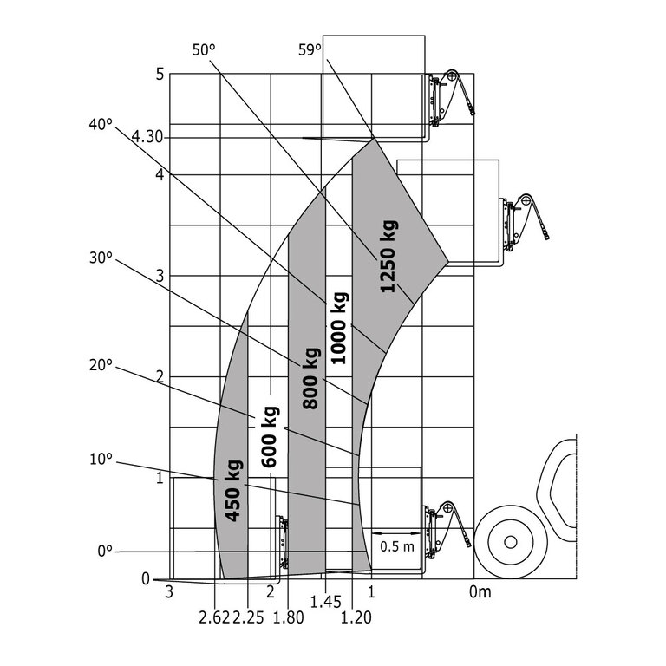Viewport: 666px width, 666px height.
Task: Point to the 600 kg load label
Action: [x=270, y=437]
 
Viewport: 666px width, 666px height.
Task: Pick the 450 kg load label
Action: [x=232, y=490]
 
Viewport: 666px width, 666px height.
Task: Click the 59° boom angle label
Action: [x=310, y=50]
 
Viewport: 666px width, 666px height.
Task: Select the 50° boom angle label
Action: [x=202, y=50]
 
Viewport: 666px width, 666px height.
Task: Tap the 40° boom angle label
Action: [x=101, y=124]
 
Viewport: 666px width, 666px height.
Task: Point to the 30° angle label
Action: [x=101, y=258]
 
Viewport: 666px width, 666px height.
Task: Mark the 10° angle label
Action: [x=101, y=459]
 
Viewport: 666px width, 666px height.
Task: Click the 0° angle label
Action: [x=105, y=551]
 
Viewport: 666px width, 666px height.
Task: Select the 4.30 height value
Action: [x=147, y=137]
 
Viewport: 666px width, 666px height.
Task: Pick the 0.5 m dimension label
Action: [x=397, y=546]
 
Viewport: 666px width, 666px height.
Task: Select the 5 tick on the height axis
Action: [x=160, y=75]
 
